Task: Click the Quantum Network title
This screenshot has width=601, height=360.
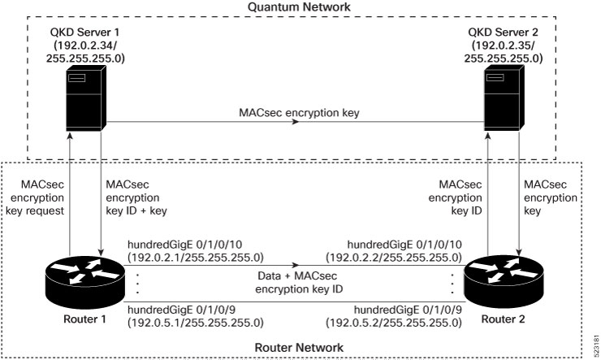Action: click(299, 7)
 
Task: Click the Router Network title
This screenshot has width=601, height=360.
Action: click(299, 347)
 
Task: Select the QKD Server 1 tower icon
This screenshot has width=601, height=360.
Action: click(85, 98)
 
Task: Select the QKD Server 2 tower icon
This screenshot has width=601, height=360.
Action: click(504, 98)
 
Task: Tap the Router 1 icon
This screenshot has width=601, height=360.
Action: click(84, 282)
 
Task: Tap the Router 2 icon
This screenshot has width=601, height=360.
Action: click(504, 282)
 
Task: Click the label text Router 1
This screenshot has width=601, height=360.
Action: click(84, 319)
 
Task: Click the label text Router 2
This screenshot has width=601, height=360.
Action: click(503, 319)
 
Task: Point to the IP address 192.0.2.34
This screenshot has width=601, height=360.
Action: click(85, 46)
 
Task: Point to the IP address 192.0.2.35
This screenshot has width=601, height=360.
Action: click(504, 46)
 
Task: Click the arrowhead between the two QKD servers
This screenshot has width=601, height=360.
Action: click(295, 122)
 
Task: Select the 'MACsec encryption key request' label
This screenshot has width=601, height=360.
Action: click(35, 197)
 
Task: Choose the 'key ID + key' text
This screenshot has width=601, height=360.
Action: click(136, 210)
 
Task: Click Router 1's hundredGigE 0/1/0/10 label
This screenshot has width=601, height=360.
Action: click(184, 245)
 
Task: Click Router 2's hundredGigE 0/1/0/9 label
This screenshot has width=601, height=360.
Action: click(408, 310)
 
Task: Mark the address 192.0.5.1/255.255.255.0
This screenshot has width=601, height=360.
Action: click(196, 323)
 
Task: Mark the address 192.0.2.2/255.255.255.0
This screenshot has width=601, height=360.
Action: click(394, 258)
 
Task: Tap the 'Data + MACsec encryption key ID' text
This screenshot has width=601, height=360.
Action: click(299, 282)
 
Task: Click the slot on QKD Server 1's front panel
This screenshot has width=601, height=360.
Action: click(76, 78)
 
